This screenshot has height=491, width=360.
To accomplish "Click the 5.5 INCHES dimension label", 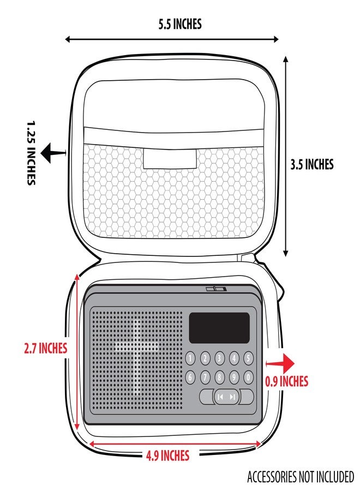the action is [x=179, y=24].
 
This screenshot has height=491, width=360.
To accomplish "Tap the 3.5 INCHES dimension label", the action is [x=312, y=164].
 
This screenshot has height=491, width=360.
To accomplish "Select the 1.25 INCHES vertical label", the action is [x=31, y=153].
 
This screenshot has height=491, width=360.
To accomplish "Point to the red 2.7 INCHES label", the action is [x=46, y=348].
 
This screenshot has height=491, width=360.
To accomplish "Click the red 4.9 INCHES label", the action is [x=168, y=456].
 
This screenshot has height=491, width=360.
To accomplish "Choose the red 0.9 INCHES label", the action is [x=287, y=381].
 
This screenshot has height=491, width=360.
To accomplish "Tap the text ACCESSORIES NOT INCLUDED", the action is [x=301, y=477].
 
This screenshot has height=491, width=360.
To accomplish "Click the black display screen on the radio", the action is [x=219, y=328].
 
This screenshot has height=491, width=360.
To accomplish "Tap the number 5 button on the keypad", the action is [x=248, y=358].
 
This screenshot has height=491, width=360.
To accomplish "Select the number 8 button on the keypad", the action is [x=219, y=378].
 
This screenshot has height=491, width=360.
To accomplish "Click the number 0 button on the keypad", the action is [x=248, y=378].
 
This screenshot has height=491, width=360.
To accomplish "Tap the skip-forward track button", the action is [x=232, y=397].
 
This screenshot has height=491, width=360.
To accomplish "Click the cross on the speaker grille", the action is [x=137, y=357].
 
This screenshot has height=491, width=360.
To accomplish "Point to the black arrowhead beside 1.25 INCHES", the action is [x=47, y=153].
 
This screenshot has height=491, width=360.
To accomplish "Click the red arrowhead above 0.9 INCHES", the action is [x=288, y=363].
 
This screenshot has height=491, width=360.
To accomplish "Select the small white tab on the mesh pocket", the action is [x=170, y=159].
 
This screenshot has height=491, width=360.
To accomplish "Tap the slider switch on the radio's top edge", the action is [x=216, y=289].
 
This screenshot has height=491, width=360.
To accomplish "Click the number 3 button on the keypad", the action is [x=219, y=358].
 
